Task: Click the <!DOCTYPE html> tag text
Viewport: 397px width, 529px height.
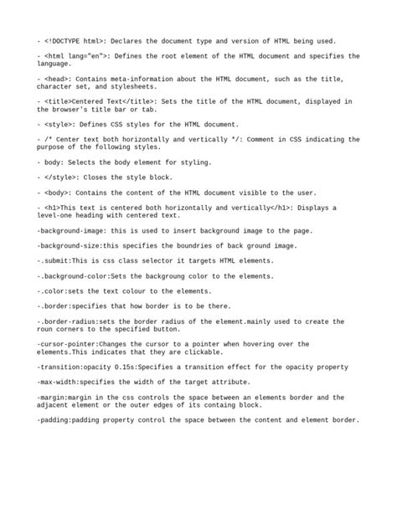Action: [75, 40]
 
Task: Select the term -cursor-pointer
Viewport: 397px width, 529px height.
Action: [67, 343]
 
